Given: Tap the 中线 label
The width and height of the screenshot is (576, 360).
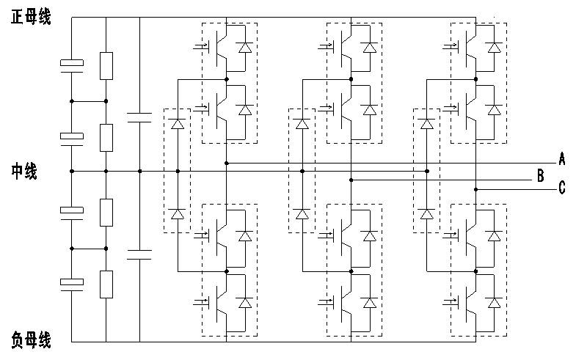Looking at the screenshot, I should pos(24,172).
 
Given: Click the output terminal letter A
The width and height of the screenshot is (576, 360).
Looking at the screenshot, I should pos(561,159).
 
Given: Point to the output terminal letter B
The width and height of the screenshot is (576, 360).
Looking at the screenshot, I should pos(540,176).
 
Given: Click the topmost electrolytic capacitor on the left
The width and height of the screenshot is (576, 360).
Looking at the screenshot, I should pos(72,67).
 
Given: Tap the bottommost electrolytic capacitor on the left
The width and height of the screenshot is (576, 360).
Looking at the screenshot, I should pos(72,283).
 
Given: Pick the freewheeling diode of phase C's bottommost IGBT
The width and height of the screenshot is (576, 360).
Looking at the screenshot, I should pos(495,302).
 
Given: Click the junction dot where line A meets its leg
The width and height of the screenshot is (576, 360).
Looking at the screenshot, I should pos(227,163).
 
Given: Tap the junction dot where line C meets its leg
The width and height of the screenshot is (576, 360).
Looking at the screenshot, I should pos(475,189).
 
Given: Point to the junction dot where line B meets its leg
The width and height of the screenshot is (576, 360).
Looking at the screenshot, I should pos(351,179).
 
